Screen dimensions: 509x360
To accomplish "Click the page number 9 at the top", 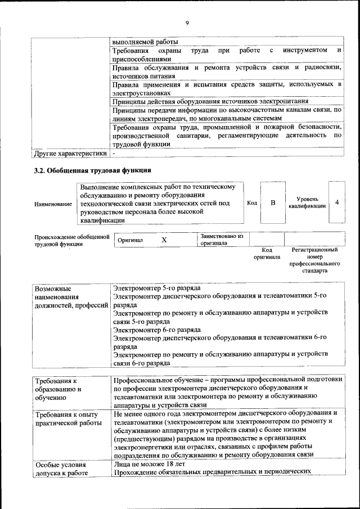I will [x=187, y=22].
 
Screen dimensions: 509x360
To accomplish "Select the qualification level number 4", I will [x=336, y=202].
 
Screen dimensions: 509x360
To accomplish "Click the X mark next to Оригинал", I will [x=164, y=240].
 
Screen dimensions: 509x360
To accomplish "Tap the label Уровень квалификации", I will [x=307, y=202].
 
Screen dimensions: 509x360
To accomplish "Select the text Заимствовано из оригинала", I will [x=222, y=240].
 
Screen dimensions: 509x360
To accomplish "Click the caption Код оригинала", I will [x=267, y=253].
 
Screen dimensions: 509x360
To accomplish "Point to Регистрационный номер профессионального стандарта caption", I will [x=314, y=259].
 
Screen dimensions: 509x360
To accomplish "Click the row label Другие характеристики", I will [x=70, y=153].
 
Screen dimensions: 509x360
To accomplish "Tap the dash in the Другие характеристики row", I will [x=114, y=153].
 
